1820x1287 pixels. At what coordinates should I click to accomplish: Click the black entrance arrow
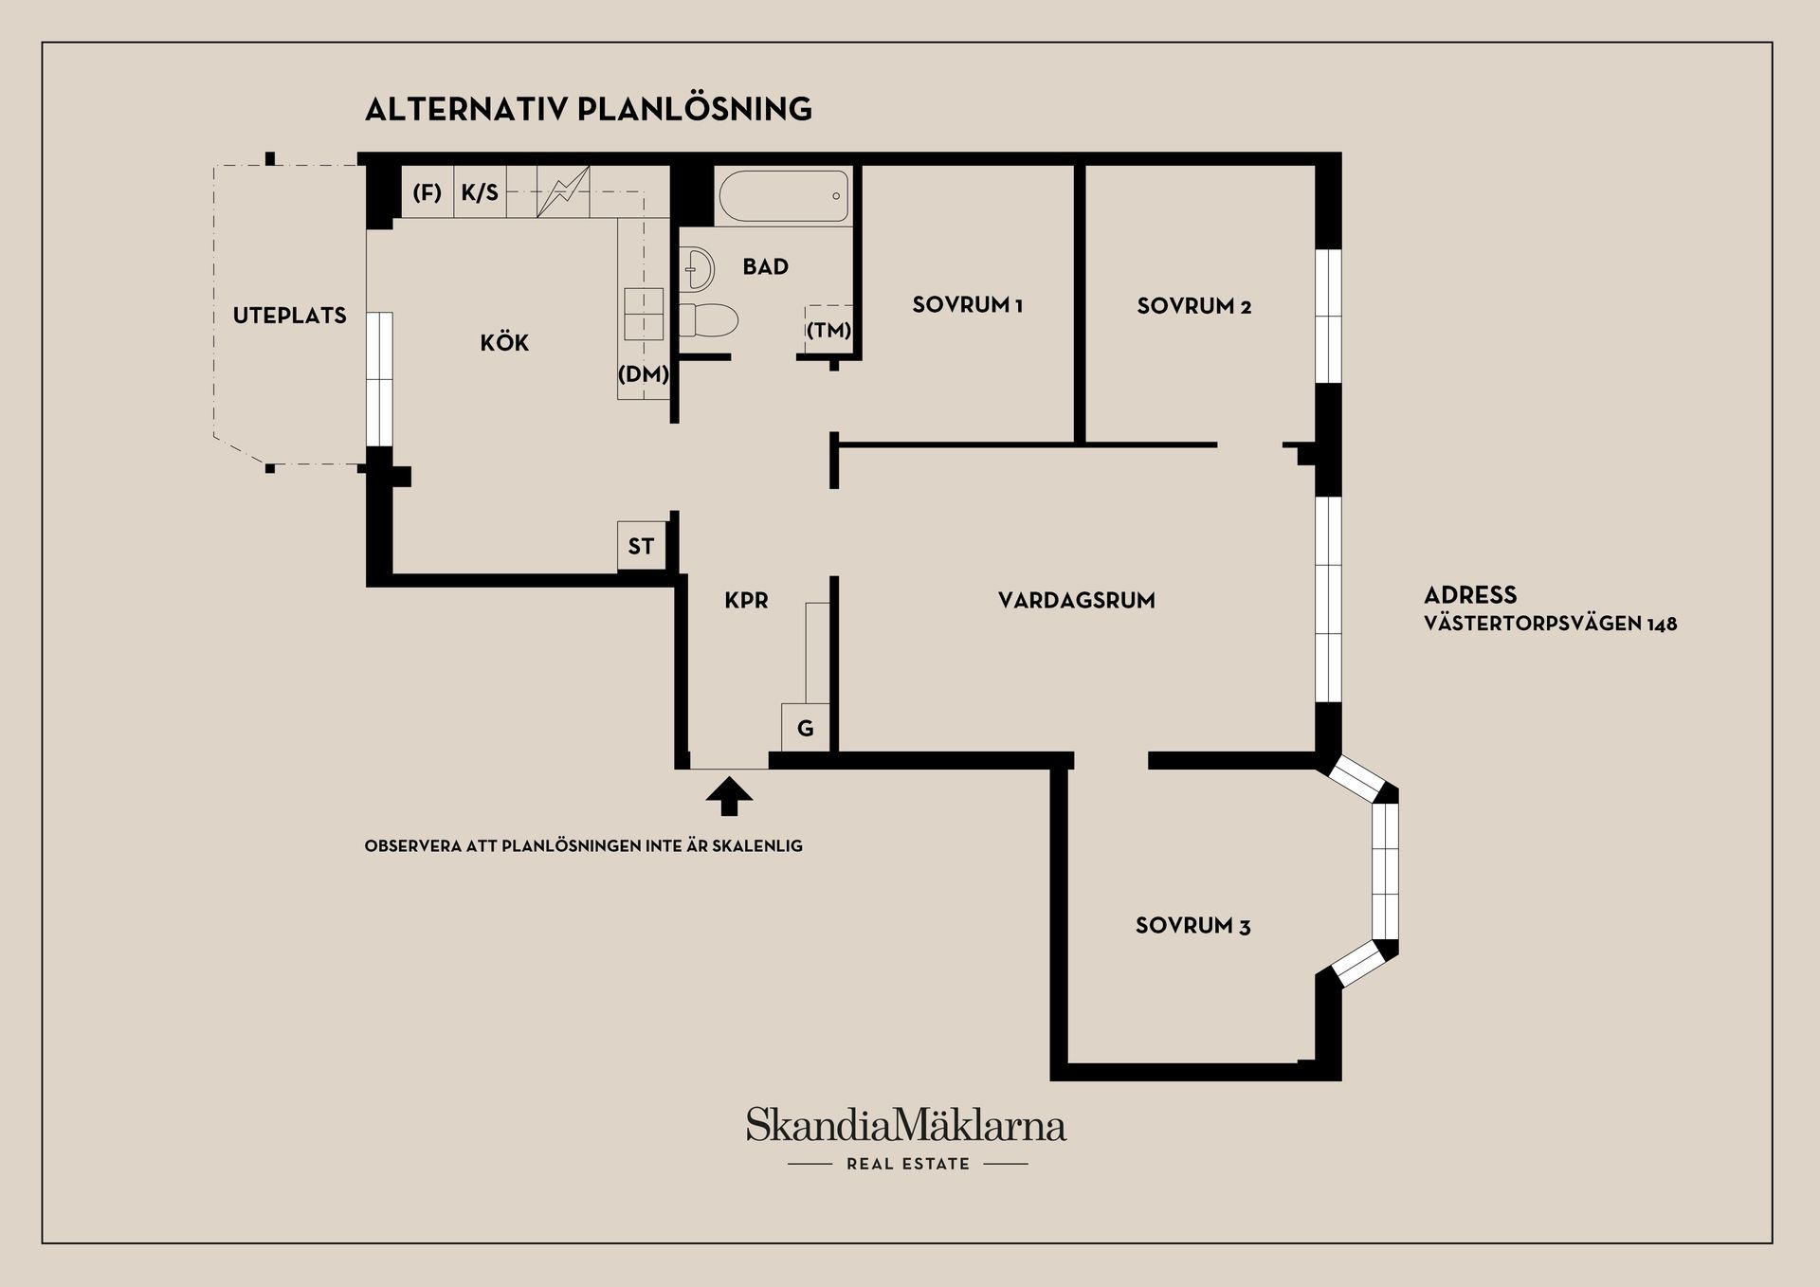729,796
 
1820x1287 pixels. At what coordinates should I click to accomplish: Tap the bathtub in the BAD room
784,196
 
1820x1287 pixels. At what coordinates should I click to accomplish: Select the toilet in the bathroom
708,319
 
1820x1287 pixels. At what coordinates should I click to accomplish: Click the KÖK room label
504,342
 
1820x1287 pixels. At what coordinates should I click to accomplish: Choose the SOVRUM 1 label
967,305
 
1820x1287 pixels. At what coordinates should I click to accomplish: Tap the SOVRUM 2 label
1194,306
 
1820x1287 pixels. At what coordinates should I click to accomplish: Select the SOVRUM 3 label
1192,926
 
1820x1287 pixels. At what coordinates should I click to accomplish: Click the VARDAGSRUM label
1077,600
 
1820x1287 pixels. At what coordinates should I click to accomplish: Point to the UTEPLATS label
290,316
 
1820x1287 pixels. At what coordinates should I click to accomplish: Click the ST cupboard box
642,546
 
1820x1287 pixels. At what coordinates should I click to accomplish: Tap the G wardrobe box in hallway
806,728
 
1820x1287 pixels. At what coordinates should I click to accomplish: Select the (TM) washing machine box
828,330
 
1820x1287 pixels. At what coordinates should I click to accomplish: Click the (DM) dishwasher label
644,374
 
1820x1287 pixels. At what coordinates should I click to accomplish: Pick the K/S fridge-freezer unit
480,192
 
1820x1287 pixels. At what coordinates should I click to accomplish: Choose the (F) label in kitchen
428,192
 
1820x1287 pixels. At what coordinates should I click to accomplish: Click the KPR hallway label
746,600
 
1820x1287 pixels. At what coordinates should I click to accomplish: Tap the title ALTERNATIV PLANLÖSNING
589,109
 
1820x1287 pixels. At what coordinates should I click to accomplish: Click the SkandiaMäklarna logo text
906,1125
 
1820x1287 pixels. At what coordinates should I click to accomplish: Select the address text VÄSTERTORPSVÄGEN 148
1551,624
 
